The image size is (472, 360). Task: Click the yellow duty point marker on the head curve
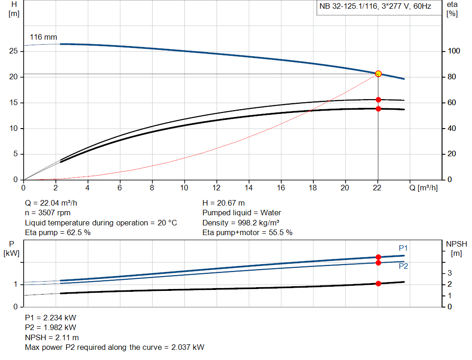click(x=378, y=74)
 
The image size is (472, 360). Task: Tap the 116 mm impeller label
click(x=43, y=37)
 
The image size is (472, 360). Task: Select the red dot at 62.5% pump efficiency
click(x=378, y=100)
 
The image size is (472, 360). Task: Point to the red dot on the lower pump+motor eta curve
click(x=378, y=109)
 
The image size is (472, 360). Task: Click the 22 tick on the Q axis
click(x=378, y=188)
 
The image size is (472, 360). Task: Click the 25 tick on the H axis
click(x=14, y=51)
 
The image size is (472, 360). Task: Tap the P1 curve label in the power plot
click(x=403, y=248)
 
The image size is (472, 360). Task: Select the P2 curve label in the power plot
click(x=403, y=266)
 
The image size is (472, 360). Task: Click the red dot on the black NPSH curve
click(x=378, y=283)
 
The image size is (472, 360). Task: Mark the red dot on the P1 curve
click(x=378, y=257)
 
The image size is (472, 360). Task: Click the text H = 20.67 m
click(x=224, y=203)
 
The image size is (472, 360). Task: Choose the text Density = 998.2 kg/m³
click(x=241, y=223)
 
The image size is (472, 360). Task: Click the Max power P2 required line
click(x=114, y=347)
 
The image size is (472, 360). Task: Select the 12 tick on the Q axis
click(x=217, y=188)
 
